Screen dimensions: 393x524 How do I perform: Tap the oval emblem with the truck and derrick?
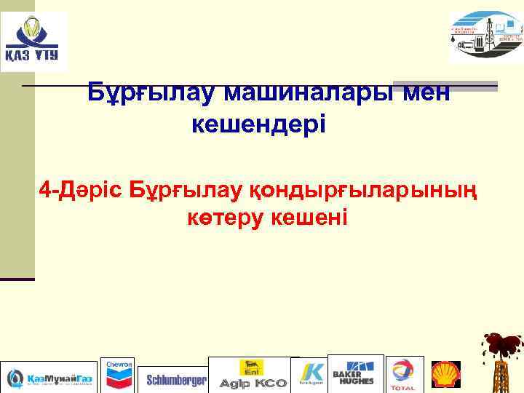(485, 38)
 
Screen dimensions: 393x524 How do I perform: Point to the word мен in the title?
(422, 92)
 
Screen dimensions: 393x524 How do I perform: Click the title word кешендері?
(259, 124)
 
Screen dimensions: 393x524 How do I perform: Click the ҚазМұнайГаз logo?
(49, 378)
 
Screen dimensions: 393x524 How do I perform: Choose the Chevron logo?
(119, 376)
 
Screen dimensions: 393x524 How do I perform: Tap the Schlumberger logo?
(176, 380)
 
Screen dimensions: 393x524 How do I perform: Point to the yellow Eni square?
(252, 368)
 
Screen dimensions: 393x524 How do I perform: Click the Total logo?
(402, 376)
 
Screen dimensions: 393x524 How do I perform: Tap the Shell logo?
(445, 374)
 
